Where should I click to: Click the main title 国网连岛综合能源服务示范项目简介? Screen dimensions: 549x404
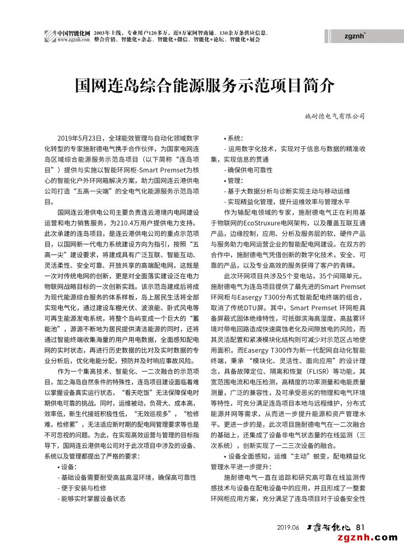205,86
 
